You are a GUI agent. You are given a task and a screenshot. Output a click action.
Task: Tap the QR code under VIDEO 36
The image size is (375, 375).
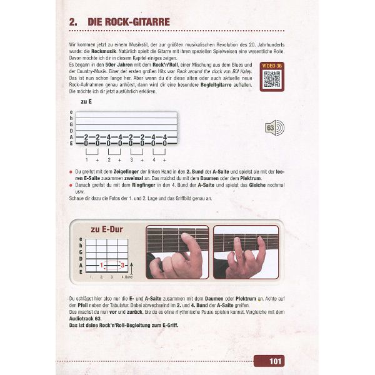[272, 80]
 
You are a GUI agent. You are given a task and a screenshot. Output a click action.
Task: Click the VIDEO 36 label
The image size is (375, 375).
[272, 66]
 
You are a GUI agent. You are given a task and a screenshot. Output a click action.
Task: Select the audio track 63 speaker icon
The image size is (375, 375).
[273, 127]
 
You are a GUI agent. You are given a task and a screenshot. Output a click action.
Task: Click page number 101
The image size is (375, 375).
[276, 361]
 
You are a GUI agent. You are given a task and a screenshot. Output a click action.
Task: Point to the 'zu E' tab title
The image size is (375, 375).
[87, 101]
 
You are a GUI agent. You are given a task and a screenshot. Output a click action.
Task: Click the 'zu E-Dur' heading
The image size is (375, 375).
[107, 229]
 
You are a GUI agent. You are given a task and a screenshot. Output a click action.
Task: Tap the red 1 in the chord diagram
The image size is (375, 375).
[101, 266]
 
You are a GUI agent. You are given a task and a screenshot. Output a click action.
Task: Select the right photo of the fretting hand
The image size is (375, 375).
[245, 252]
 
